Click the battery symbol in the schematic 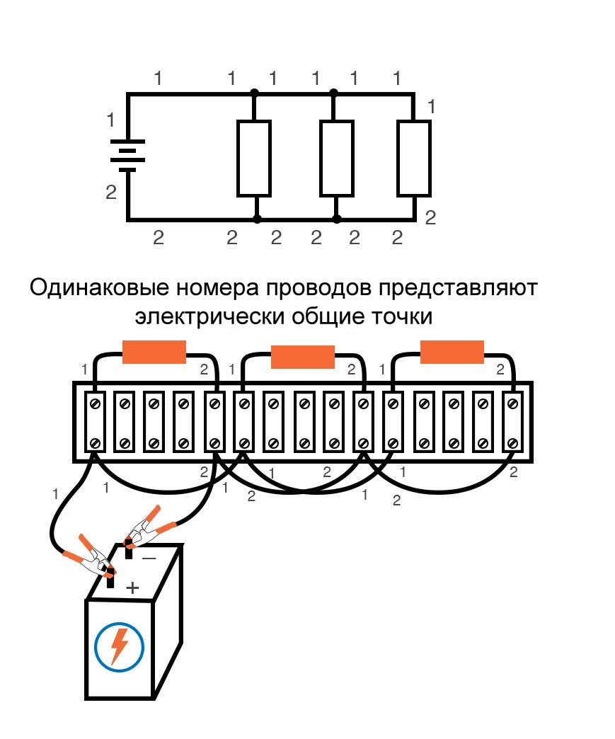[127, 155]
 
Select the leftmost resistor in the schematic [253, 158]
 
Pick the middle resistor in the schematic [336, 158]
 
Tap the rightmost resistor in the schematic [413, 158]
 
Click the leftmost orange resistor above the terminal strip [154, 352]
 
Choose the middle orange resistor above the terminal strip [303, 357]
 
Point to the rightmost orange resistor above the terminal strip [452, 352]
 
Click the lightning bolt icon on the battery [120, 645]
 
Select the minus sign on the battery [149, 558]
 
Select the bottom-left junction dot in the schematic [257, 219]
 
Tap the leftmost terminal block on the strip [94, 423]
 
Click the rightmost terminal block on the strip [512, 423]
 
